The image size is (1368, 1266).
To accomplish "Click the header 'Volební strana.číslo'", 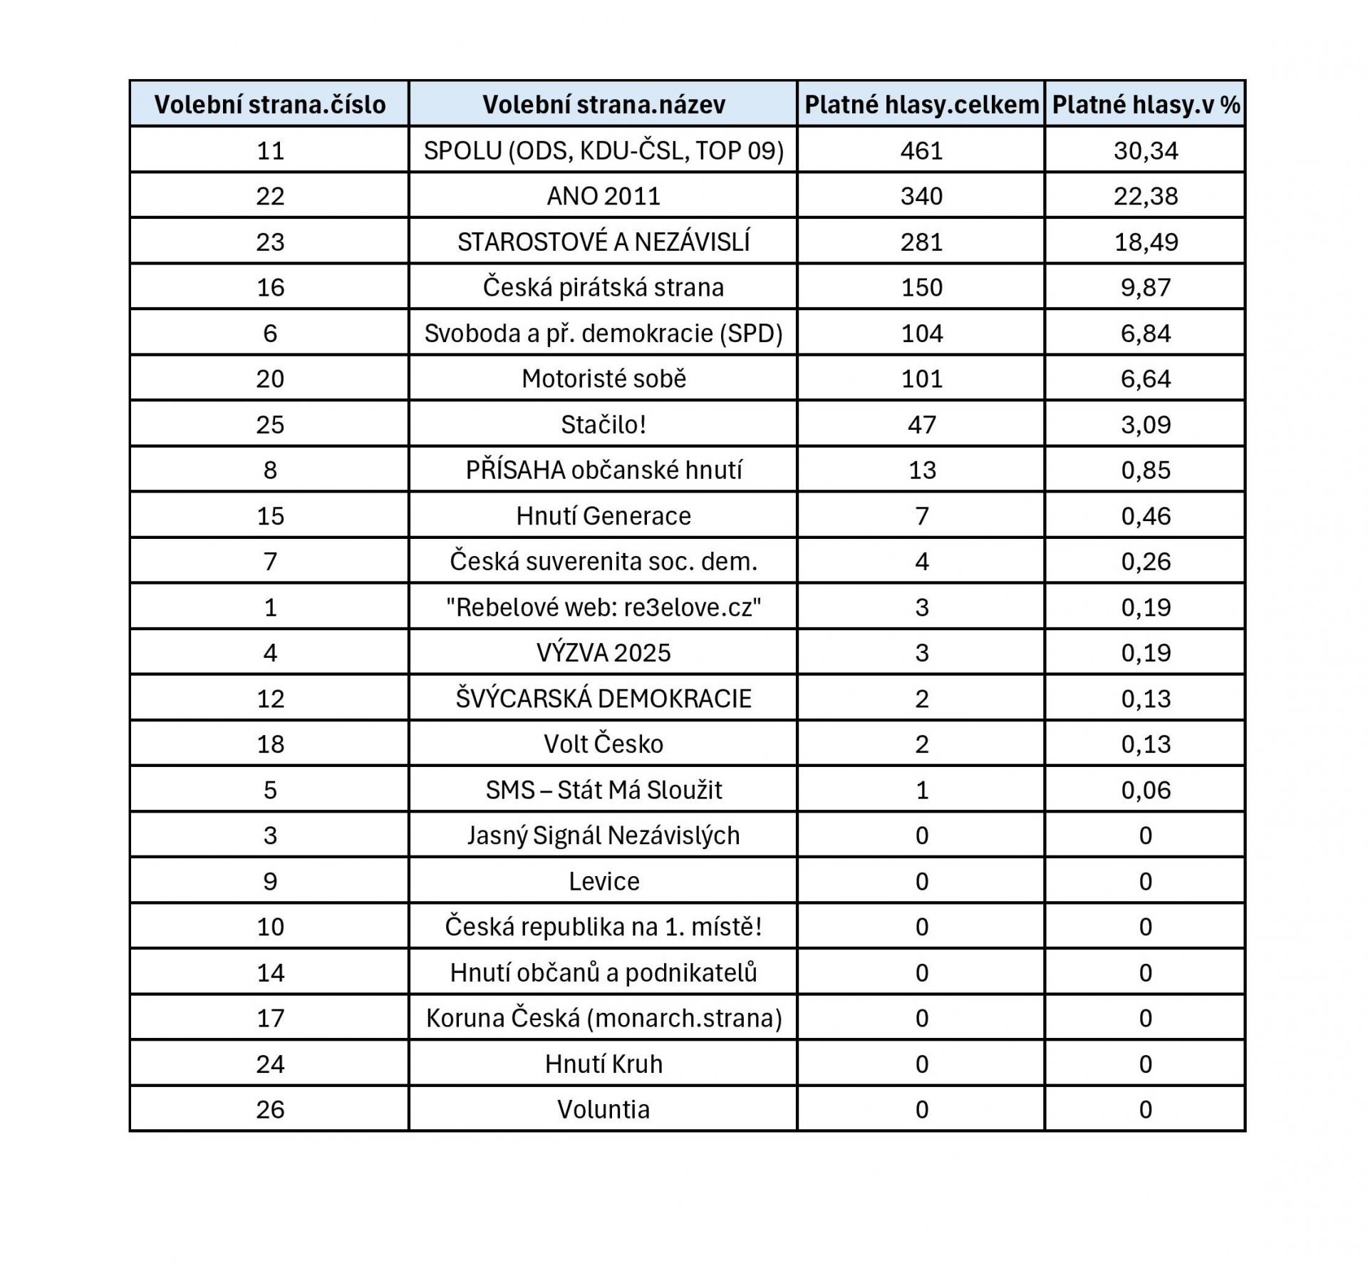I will click(x=270, y=105).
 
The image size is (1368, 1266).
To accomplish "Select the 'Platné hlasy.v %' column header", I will click(x=1146, y=105).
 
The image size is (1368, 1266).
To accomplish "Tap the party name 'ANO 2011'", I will click(x=603, y=196).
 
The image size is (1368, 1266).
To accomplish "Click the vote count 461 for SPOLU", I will click(x=921, y=150).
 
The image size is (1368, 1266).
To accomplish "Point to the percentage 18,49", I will click(x=1146, y=242).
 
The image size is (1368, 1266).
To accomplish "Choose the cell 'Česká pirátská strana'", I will click(x=603, y=287).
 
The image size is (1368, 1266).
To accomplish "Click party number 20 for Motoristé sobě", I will click(x=270, y=379).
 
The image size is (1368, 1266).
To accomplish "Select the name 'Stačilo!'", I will click(x=603, y=424).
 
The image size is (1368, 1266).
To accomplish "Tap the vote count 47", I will click(x=921, y=424).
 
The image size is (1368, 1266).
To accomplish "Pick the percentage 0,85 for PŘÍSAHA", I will click(x=1146, y=470).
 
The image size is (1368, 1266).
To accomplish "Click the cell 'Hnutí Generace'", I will click(x=603, y=515).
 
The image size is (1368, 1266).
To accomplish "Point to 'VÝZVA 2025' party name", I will click(x=603, y=652).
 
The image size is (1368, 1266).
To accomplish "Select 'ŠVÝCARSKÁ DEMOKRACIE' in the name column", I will click(x=603, y=698).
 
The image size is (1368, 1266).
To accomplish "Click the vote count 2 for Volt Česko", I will click(x=921, y=743).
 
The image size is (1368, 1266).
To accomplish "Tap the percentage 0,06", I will click(x=1146, y=790).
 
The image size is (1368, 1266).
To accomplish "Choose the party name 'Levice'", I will click(x=603, y=881).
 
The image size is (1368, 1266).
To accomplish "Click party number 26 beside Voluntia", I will click(x=270, y=1109).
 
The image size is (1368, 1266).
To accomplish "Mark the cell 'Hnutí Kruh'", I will click(x=603, y=1064).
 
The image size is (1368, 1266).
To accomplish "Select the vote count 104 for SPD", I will click(x=921, y=333).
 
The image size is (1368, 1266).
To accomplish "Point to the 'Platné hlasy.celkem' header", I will click(x=921, y=105).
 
